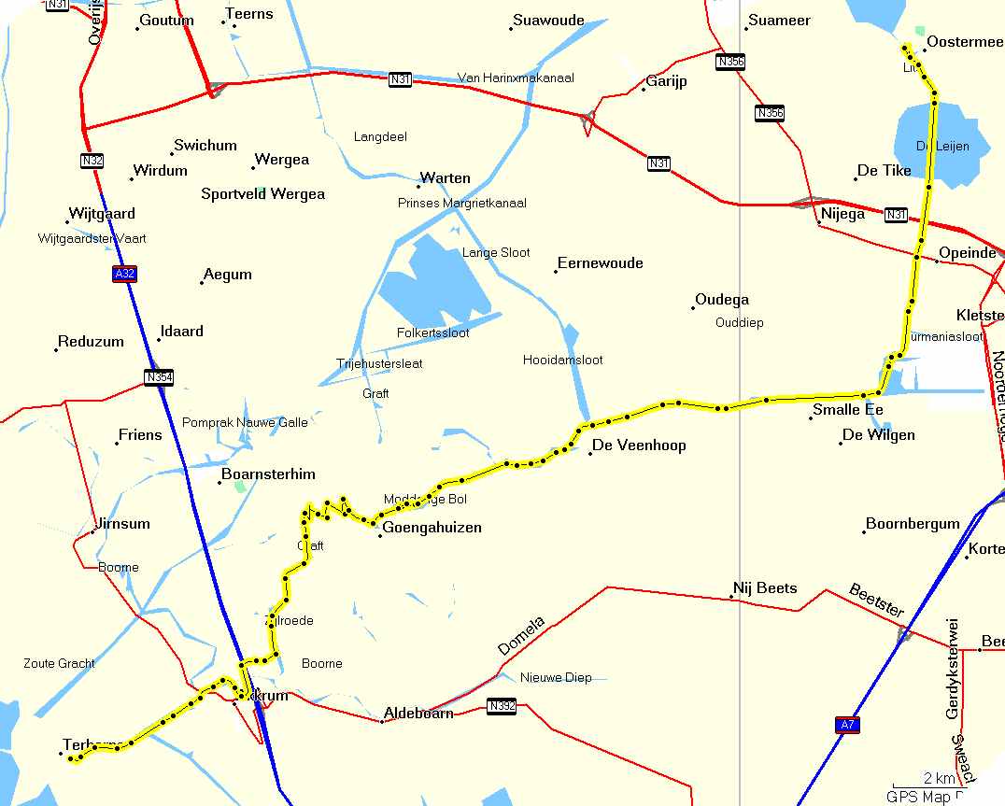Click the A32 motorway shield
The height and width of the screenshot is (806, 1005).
point(124,274)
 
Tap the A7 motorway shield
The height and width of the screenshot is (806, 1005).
point(847,725)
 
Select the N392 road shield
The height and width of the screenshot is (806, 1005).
point(501,706)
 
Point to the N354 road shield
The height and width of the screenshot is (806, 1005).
point(159,377)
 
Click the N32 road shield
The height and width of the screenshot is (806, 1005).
point(92,161)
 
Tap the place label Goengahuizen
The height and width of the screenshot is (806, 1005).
point(432,528)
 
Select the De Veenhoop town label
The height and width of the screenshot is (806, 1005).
point(640,445)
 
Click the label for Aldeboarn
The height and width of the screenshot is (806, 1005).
point(418,714)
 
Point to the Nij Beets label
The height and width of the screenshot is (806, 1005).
point(765,587)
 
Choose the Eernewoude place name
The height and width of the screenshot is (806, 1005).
point(600,263)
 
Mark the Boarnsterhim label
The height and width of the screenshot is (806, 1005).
point(268,474)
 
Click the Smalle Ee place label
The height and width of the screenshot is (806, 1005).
point(847,410)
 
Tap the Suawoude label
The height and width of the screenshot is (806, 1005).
point(548,21)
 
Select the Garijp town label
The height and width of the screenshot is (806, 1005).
point(666,81)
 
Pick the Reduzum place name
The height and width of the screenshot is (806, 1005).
point(91,342)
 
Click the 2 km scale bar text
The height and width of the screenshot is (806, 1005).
point(939,778)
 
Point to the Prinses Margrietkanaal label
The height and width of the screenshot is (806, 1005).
point(461,203)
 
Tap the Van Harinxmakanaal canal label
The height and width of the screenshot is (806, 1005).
point(516,78)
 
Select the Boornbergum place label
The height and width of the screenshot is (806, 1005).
point(913,524)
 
